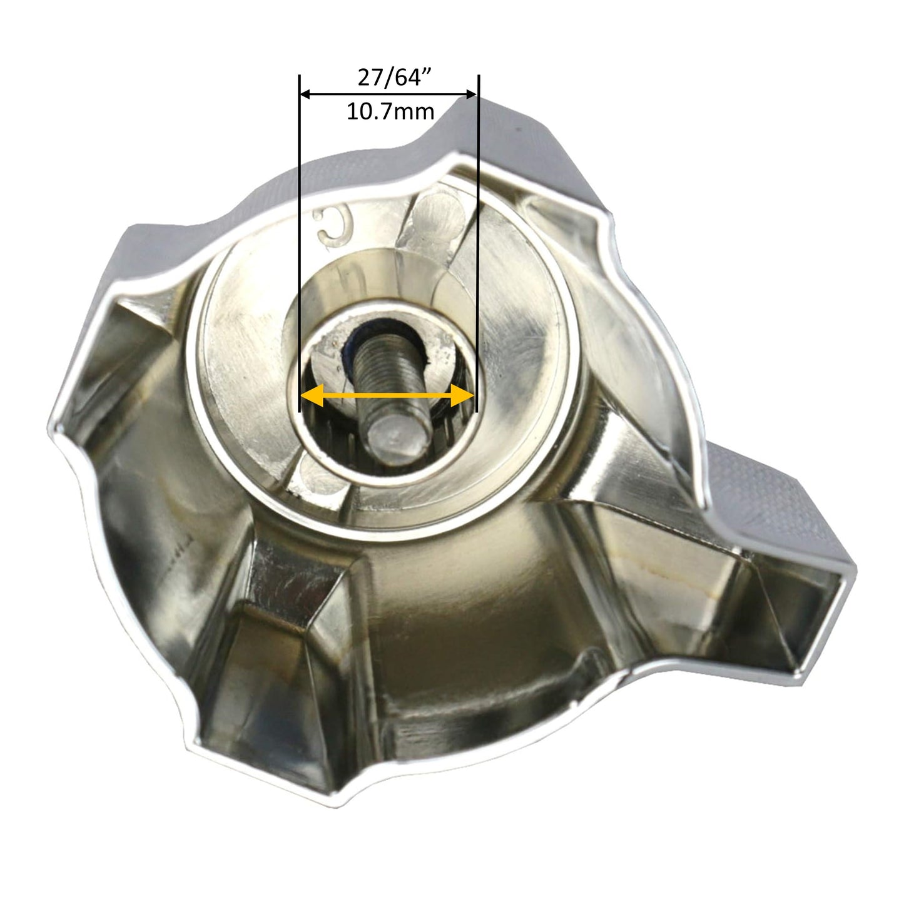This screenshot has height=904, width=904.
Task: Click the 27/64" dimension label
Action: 395,78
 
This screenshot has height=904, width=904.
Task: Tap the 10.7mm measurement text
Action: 390,112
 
